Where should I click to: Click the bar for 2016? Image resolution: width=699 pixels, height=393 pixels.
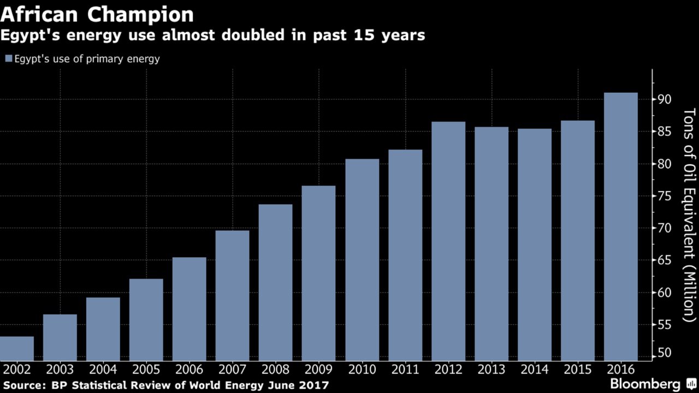pos(621,227)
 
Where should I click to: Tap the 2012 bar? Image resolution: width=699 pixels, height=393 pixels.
pos(448,241)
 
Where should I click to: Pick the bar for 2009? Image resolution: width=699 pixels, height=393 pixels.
pos(319,273)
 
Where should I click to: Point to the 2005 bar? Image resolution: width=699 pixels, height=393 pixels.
pos(146,319)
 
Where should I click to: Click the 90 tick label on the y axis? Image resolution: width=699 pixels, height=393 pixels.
pos(664,99)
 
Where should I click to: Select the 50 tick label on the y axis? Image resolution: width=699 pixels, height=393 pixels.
pos(664,353)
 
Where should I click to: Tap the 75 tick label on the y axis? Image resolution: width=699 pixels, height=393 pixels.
pos(664,196)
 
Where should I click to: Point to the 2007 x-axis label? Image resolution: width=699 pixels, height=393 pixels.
pos(232,370)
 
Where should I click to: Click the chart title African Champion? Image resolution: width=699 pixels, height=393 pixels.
pos(97,15)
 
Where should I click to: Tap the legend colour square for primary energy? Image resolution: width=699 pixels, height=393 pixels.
pos(8,59)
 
